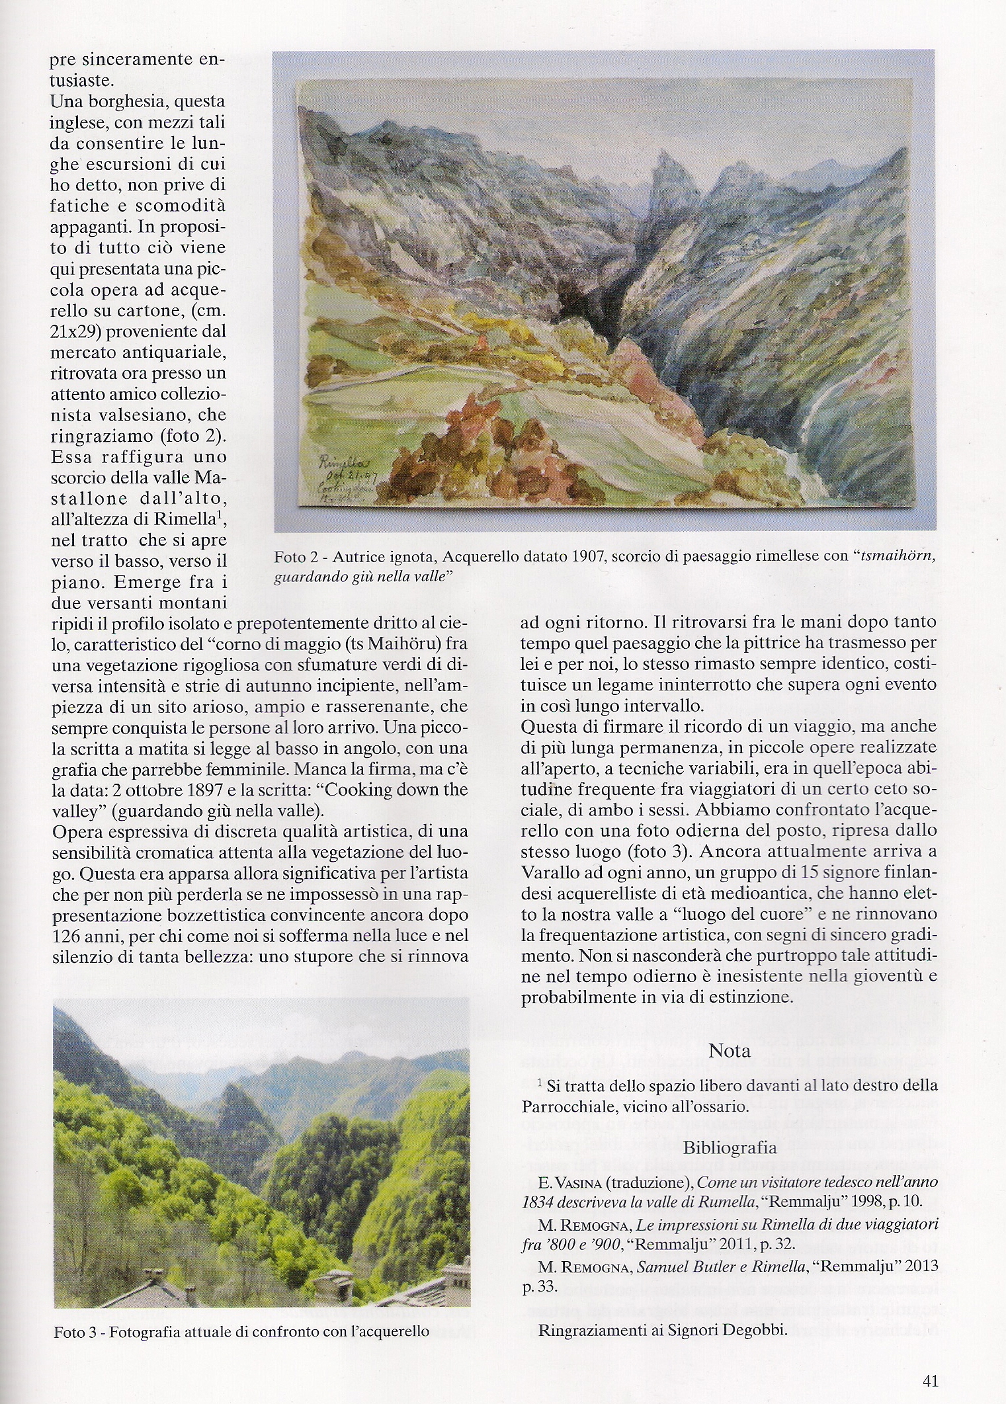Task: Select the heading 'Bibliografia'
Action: coord(729,1147)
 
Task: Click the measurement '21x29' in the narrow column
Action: coord(71,329)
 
